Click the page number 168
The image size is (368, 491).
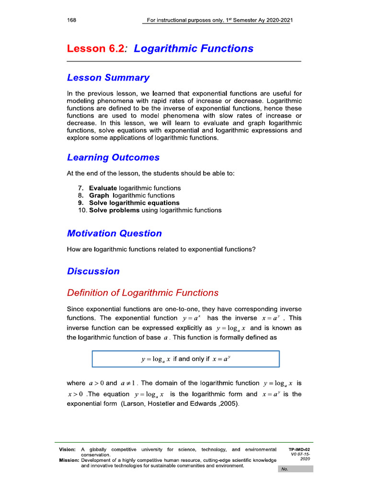(72, 20)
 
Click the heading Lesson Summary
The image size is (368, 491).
(108, 78)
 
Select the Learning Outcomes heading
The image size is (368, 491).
(113, 158)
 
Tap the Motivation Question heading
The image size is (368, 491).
(114, 234)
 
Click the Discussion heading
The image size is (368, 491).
(93, 271)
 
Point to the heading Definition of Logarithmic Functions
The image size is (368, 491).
(142, 293)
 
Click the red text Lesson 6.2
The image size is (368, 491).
(96, 48)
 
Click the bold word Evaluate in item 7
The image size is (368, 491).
(103, 188)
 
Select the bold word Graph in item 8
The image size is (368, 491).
(99, 196)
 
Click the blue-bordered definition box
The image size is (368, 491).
(185, 359)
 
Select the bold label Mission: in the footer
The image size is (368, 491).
(68, 460)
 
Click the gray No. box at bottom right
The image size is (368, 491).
(297, 469)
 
